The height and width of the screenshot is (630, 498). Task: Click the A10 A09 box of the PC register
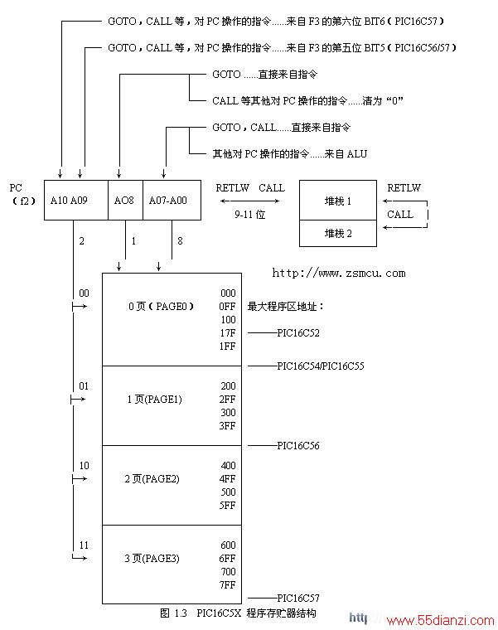click(x=76, y=200)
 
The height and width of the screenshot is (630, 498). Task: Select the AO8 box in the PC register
click(x=125, y=200)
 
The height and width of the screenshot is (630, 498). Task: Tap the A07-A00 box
click(x=172, y=200)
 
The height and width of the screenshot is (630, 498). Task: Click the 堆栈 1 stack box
click(x=338, y=200)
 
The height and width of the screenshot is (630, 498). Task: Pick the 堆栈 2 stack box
click(x=338, y=233)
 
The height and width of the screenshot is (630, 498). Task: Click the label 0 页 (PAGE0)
click(x=161, y=307)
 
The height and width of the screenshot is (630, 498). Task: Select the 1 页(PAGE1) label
click(x=155, y=400)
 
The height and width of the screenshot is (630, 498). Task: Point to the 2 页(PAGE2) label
click(x=152, y=479)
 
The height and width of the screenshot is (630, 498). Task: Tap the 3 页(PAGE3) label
click(x=152, y=559)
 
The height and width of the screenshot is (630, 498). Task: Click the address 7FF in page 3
click(x=227, y=585)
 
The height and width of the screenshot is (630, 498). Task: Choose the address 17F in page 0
click(x=227, y=333)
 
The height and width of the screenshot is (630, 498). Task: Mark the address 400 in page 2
click(x=228, y=466)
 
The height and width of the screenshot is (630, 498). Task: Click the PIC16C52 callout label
click(x=298, y=333)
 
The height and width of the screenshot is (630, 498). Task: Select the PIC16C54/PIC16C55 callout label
click(x=321, y=366)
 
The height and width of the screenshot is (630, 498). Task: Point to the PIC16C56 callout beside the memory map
click(x=298, y=446)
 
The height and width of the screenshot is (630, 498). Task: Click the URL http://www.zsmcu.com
click(x=339, y=274)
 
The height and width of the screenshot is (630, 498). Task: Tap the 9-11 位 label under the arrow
click(x=249, y=215)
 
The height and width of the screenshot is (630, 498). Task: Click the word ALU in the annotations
click(x=357, y=154)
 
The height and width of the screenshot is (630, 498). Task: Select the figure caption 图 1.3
click(x=173, y=613)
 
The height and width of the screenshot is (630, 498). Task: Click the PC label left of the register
click(x=16, y=187)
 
